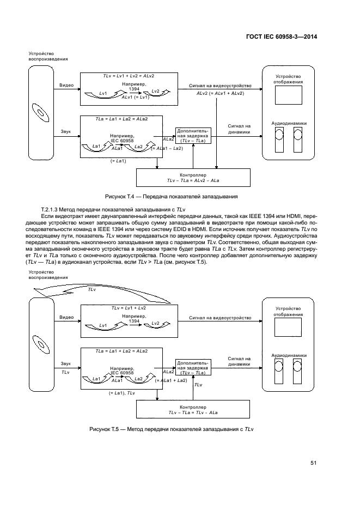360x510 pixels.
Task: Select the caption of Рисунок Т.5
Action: tap(172, 429)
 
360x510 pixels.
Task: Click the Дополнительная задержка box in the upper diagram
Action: tap(193, 135)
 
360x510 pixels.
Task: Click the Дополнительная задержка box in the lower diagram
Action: tap(193, 368)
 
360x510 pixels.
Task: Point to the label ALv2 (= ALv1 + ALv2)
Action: tap(220, 93)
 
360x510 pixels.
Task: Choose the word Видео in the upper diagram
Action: tap(66, 86)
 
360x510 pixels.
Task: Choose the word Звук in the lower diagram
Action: tap(66, 362)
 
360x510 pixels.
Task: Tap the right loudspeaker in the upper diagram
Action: tap(298, 140)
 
